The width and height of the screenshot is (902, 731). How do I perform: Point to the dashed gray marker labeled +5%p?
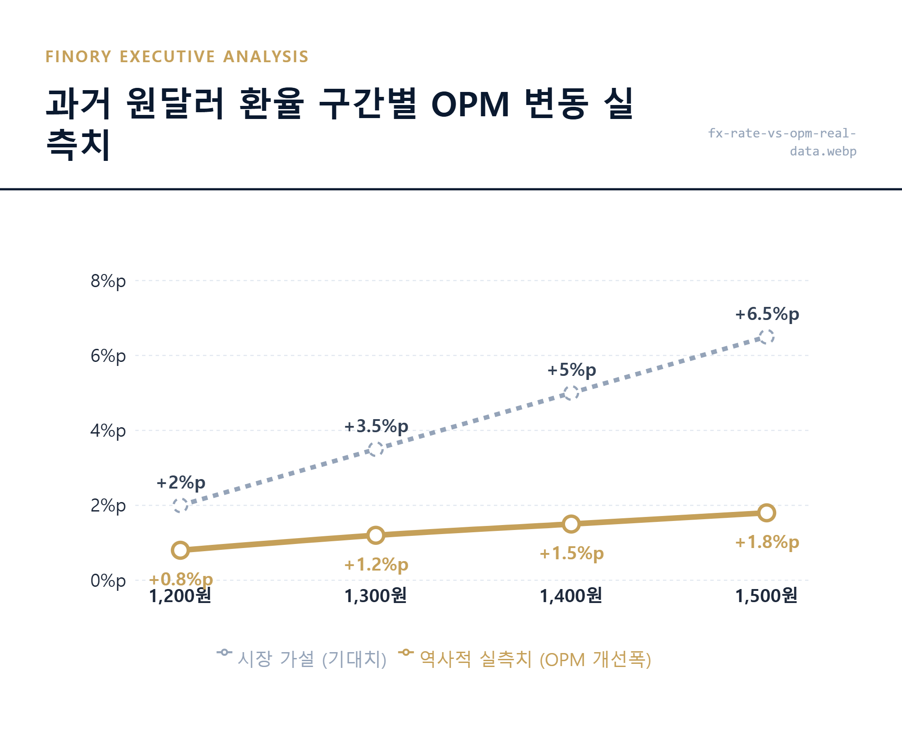point(571,393)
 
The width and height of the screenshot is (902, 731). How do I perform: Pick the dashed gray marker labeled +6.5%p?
point(766,337)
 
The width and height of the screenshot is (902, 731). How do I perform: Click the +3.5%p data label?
point(376,426)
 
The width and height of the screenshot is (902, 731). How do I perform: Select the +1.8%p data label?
point(767,542)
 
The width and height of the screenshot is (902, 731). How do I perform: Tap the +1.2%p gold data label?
point(376,564)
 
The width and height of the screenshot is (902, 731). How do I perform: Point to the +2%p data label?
point(181,482)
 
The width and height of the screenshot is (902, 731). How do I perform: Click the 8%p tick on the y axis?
point(108,281)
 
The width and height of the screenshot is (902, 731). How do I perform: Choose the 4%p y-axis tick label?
point(108,431)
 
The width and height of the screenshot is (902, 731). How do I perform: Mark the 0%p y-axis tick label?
point(108,580)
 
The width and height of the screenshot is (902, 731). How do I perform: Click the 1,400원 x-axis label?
point(571,596)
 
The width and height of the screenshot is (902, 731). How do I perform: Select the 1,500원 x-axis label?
point(766,596)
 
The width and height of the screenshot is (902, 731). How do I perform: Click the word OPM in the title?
point(470,105)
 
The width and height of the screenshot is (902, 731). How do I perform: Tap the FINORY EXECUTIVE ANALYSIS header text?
point(177,57)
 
